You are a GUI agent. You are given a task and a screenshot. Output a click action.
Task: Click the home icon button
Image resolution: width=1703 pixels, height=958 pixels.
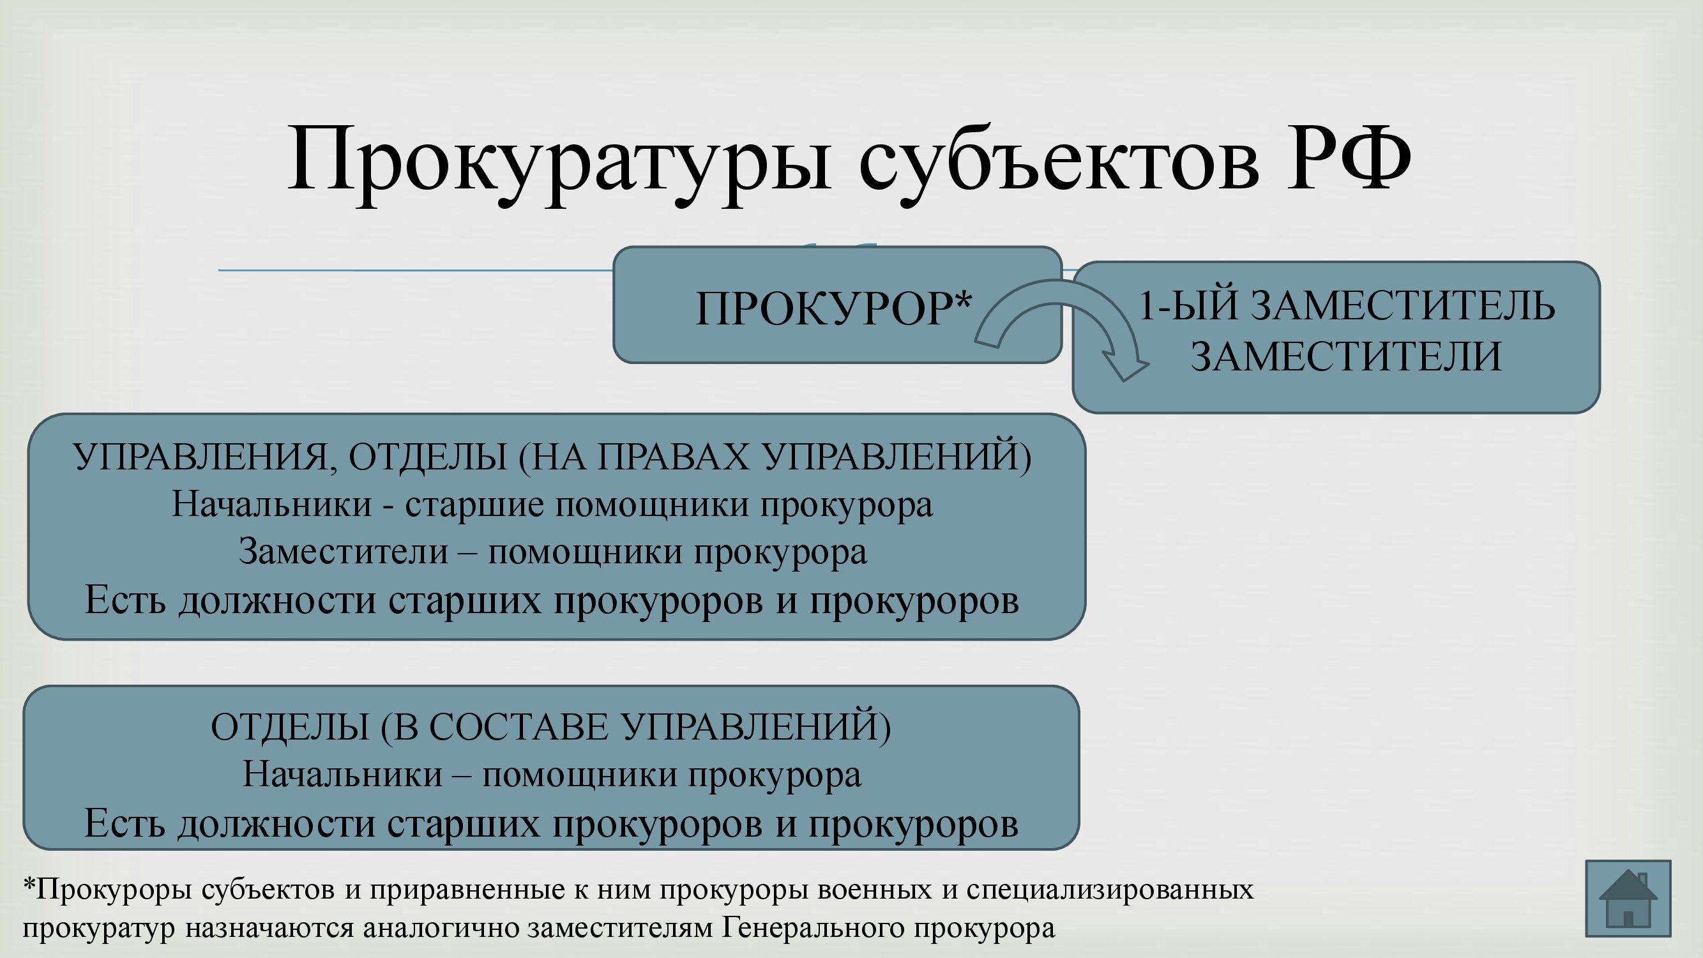point(1628,898)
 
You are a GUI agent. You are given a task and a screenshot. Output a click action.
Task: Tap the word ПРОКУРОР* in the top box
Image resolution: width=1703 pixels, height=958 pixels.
point(834,308)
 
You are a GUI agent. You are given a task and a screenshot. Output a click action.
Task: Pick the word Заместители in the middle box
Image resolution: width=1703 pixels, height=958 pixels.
point(344,552)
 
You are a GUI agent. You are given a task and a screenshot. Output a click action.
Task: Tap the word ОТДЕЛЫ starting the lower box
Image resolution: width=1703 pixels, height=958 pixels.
point(289,727)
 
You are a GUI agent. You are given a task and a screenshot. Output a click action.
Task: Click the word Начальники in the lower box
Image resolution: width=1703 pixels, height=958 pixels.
point(342,774)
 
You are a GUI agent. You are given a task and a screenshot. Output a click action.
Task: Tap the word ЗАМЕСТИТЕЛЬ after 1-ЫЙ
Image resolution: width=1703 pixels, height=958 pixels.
point(1404,305)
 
